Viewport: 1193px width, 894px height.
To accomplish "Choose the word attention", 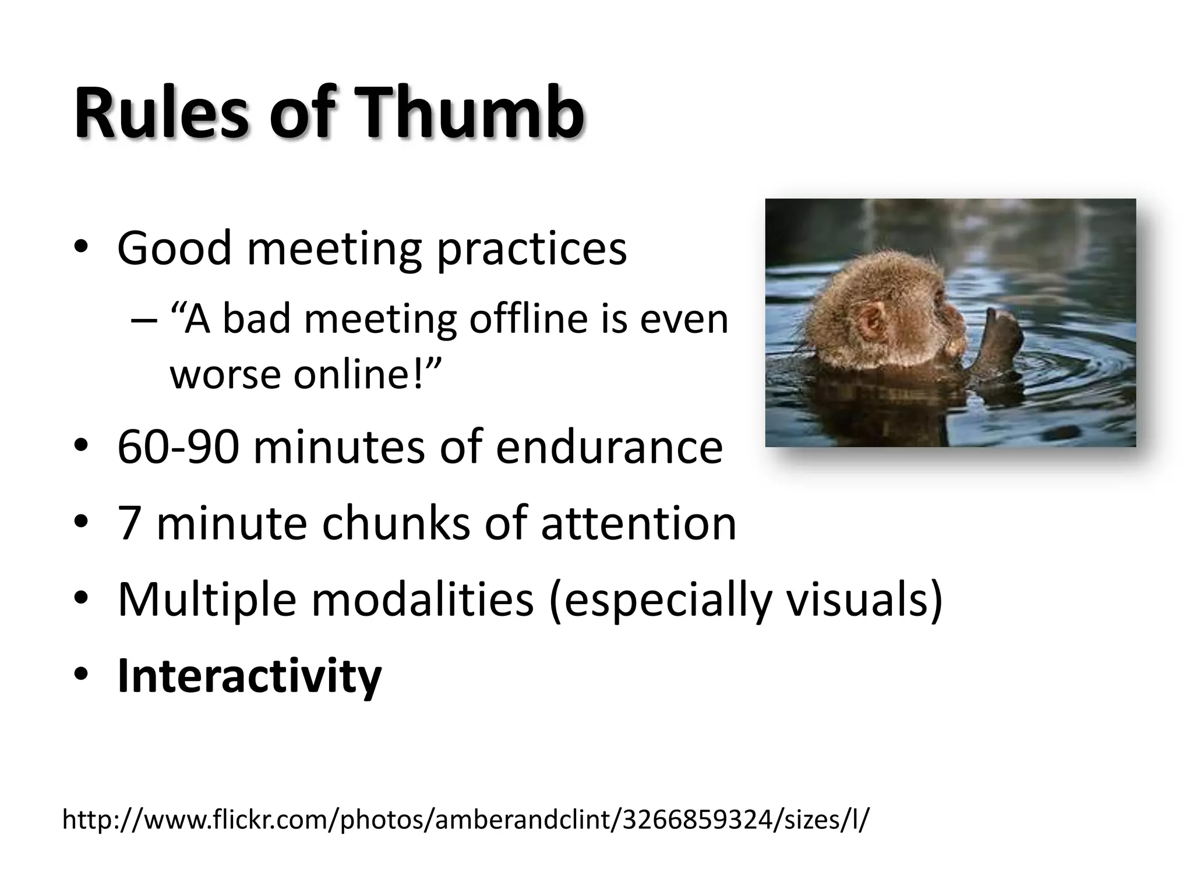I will click(x=638, y=523).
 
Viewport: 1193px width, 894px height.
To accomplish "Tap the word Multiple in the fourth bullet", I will click(x=207, y=599).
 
